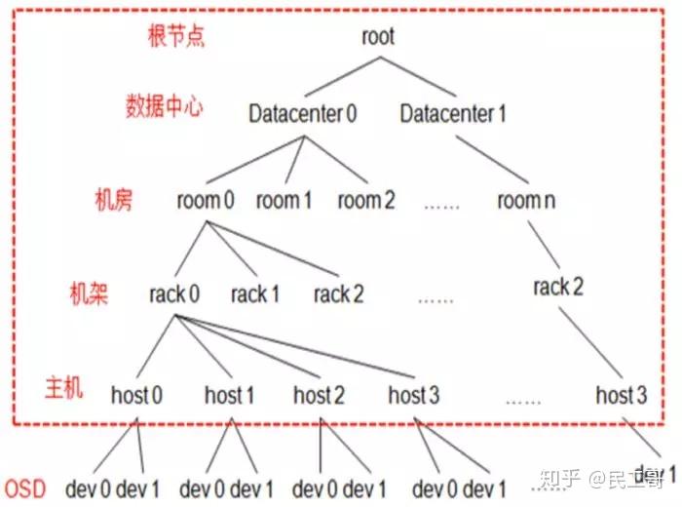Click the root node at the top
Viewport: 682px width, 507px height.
point(377,37)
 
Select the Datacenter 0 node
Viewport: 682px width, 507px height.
point(302,114)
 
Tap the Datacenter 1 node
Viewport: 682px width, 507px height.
point(453,114)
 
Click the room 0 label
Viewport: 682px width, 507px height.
point(206,201)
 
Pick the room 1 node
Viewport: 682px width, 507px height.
point(284,201)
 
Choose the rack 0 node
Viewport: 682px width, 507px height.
point(175,293)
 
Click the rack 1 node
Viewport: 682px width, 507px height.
point(255,293)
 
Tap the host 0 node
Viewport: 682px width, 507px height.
point(137,395)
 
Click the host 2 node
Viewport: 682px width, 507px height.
point(319,395)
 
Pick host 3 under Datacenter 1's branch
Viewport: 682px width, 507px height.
point(621,395)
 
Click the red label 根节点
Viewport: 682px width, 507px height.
point(174,37)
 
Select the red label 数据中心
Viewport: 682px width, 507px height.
point(164,107)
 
